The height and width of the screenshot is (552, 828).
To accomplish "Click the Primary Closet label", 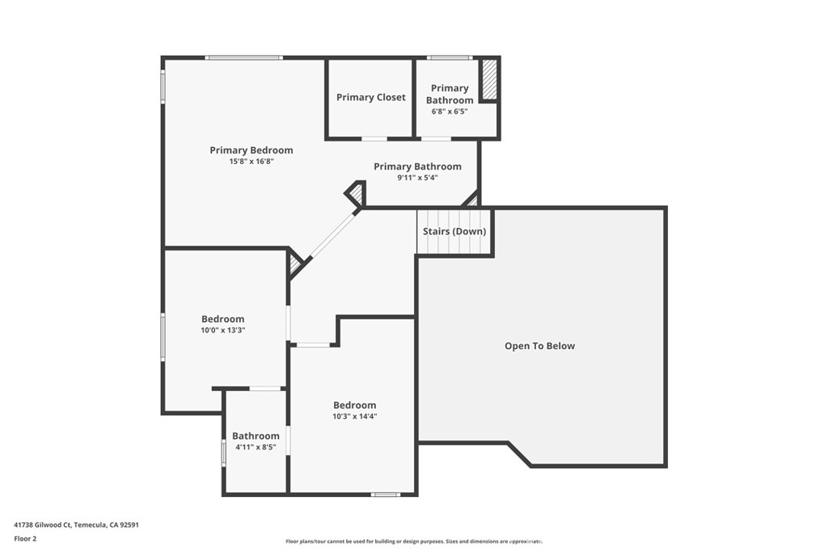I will (371, 97).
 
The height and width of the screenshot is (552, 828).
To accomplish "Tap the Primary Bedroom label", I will (251, 150).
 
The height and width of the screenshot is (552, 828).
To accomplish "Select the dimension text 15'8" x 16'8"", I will (251, 162).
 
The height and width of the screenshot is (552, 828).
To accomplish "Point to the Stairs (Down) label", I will (454, 231).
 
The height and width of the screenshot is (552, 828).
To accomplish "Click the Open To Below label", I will (540, 346).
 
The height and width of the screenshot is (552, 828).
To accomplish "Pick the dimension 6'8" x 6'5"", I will (450, 112).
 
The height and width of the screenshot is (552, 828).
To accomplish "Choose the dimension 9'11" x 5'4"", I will (417, 178).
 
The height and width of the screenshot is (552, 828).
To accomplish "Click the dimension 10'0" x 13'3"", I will (223, 330).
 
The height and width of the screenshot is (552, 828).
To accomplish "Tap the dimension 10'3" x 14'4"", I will (355, 416).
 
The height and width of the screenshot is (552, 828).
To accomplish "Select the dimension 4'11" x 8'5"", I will (256, 447).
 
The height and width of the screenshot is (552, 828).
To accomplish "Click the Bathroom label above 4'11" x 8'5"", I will (256, 436).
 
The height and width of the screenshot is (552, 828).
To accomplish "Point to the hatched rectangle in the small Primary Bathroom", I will (488, 80).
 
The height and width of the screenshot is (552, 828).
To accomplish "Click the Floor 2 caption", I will (25, 537).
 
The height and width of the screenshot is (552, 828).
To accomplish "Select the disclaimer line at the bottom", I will (413, 541).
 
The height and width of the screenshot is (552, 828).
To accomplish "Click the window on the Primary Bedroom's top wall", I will (243, 57).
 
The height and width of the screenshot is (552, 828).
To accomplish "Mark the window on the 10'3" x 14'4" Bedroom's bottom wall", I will (386, 494).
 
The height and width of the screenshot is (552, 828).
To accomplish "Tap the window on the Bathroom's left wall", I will (224, 453).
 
